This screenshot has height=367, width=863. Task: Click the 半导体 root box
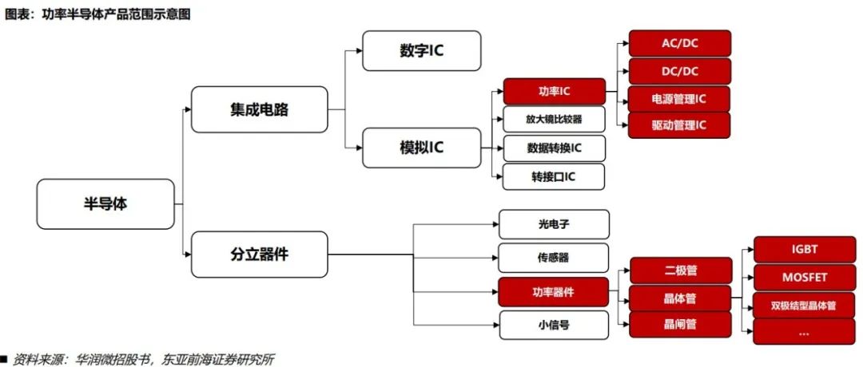[105, 203]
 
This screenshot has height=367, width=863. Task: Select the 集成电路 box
[259, 109]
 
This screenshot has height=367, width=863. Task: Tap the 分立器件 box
[259, 255]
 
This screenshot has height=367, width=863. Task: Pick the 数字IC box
[421, 50]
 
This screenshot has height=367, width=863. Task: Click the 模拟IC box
[421, 148]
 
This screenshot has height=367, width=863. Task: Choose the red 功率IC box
[554, 91]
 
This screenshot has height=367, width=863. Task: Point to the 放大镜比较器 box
[554, 120]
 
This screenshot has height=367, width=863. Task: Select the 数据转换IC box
[554, 148]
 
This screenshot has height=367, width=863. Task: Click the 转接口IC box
[554, 176]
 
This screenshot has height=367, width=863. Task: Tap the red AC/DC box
[679, 43]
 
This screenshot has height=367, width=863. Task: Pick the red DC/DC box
[679, 71]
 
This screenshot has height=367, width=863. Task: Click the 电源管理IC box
[679, 99]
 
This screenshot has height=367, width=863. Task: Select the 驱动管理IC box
[679, 125]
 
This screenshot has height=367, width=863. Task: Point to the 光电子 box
[554, 224]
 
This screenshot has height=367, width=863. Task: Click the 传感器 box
[554, 258]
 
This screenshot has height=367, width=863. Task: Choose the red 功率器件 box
[554, 292]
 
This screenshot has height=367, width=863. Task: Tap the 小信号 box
[554, 326]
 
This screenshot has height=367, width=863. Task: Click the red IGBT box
[804, 249]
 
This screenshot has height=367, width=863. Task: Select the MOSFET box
[804, 277]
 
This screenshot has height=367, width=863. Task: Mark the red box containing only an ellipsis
[804, 331]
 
